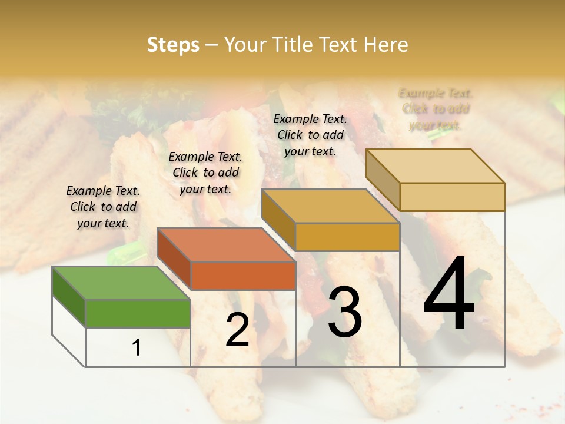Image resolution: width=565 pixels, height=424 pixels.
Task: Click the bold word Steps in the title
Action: (173, 45)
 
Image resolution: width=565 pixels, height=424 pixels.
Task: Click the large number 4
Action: (448, 294)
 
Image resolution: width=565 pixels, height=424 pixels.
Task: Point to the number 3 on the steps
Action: (345, 312)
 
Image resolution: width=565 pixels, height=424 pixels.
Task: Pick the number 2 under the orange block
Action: (237, 330)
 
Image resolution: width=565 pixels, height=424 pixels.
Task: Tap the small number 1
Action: (137, 347)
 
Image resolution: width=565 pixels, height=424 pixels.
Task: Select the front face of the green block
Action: (138, 313)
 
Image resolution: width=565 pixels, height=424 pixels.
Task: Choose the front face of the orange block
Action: (243, 276)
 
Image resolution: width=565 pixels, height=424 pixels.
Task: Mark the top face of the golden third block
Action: (330, 206)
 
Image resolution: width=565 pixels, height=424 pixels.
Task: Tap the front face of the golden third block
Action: (347, 237)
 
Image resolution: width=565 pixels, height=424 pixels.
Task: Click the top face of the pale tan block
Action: (435, 166)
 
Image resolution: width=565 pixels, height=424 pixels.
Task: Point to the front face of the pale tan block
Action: (452, 197)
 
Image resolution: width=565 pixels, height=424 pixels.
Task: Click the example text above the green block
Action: (103, 207)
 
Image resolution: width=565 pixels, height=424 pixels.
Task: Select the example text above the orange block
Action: (205, 173)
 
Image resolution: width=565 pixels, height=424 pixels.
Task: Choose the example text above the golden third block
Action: (310, 135)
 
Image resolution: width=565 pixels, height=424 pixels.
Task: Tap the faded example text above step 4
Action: (436, 109)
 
